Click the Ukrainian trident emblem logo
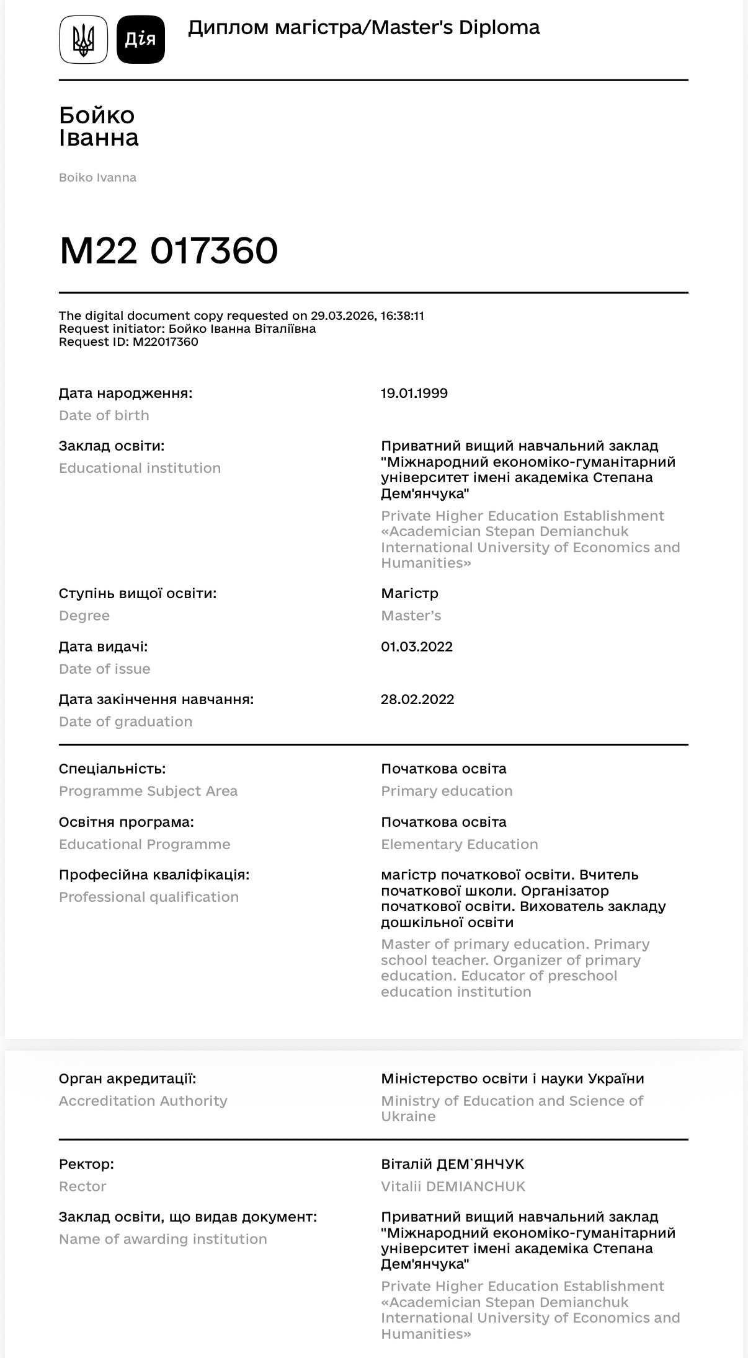point(83,40)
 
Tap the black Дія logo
point(141,40)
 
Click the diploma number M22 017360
point(169,250)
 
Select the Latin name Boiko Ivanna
point(97,178)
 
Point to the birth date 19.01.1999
point(414,394)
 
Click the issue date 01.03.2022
point(417,647)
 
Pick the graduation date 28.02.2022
point(417,700)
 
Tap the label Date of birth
point(104,416)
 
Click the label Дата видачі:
point(104,647)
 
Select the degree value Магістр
point(409,594)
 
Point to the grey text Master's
point(411,616)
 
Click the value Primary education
point(447,791)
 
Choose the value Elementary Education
point(460,845)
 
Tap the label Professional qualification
point(149,897)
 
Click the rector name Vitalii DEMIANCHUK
point(453,1187)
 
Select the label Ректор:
point(87,1165)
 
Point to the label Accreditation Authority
point(143,1101)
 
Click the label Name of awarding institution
point(163,1240)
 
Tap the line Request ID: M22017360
point(129,342)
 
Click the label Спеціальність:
point(112,769)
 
